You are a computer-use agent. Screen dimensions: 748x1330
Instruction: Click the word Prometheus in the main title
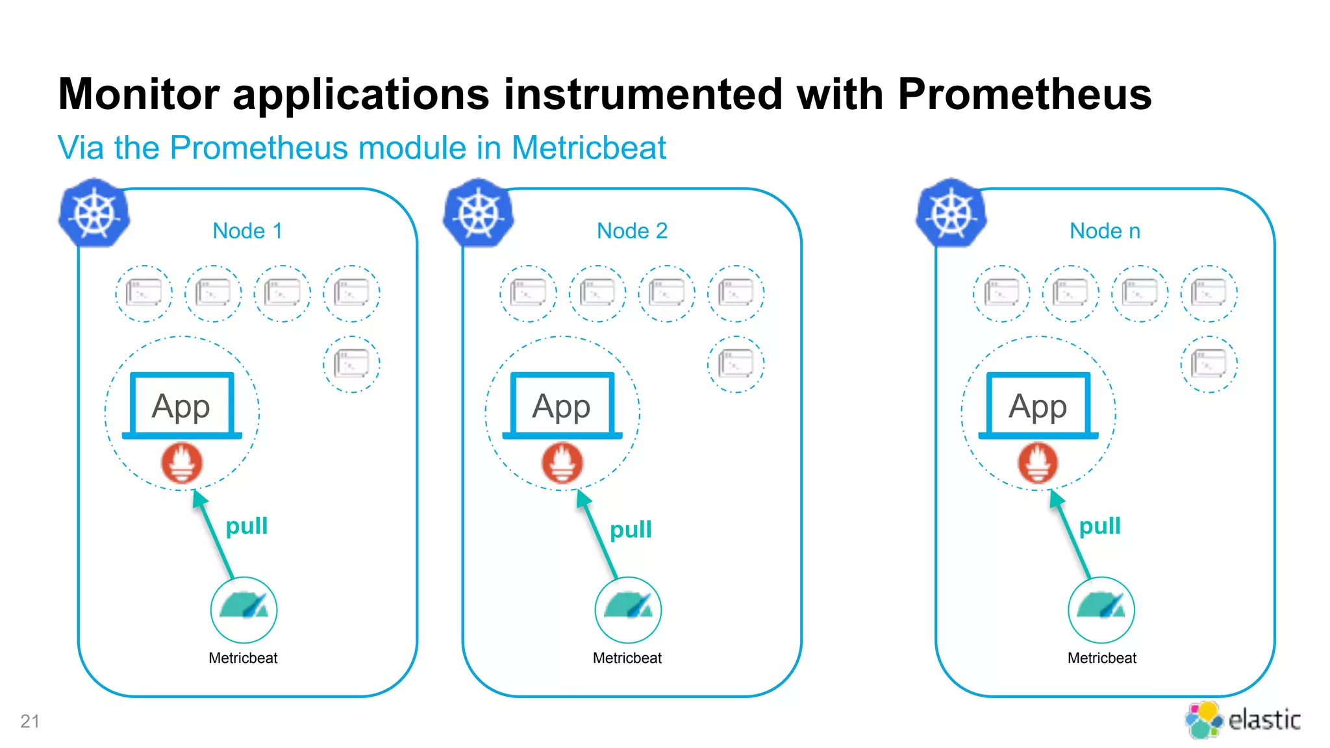(1024, 95)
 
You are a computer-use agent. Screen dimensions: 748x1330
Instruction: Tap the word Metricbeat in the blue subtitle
(588, 148)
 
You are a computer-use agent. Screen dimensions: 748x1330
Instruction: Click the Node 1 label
(247, 231)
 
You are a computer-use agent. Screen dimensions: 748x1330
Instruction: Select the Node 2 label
(632, 231)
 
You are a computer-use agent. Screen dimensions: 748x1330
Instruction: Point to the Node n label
(1105, 231)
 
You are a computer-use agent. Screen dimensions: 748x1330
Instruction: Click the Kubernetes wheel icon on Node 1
(94, 214)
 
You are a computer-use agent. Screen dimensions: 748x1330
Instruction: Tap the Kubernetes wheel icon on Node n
(951, 214)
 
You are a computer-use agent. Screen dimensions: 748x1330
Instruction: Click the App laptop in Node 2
(562, 406)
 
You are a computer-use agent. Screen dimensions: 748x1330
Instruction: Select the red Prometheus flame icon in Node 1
(182, 463)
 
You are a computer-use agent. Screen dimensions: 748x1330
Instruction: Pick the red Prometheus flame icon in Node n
(1038, 463)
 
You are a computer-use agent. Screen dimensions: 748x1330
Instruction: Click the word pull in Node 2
(631, 530)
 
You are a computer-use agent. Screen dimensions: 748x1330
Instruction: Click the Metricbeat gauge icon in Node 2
(628, 610)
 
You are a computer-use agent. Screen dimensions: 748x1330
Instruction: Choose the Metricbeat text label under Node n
(1101, 658)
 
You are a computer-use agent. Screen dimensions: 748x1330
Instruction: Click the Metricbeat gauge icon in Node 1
(244, 610)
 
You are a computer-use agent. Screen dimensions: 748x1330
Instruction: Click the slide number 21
(30, 721)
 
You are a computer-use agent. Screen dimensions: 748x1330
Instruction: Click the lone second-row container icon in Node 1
(351, 364)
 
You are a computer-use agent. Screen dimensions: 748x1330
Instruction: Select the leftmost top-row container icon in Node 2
(528, 293)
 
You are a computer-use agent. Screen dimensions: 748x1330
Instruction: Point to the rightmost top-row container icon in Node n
(1209, 293)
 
